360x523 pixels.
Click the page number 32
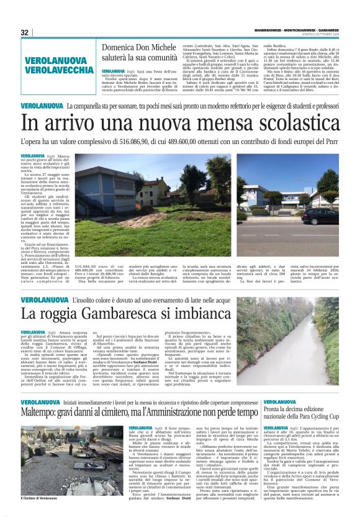(x=25, y=32)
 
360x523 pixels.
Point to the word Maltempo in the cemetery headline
(x=41, y=412)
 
